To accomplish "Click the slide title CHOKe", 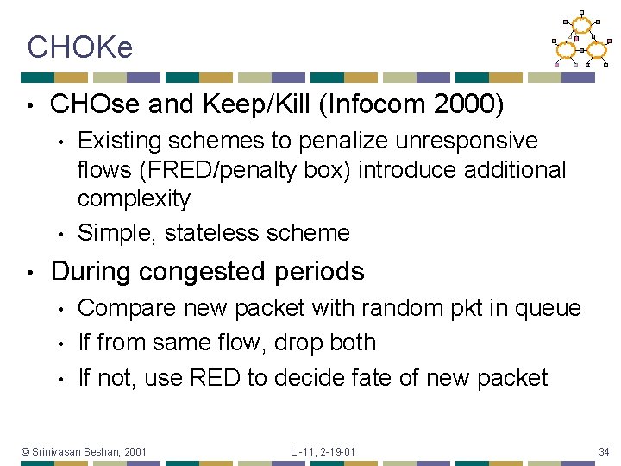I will point(79,47).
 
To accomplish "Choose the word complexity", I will point(134,198).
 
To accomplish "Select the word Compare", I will point(128,308).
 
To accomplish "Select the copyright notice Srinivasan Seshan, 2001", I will point(84,451).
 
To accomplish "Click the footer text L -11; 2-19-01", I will point(323,451).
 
